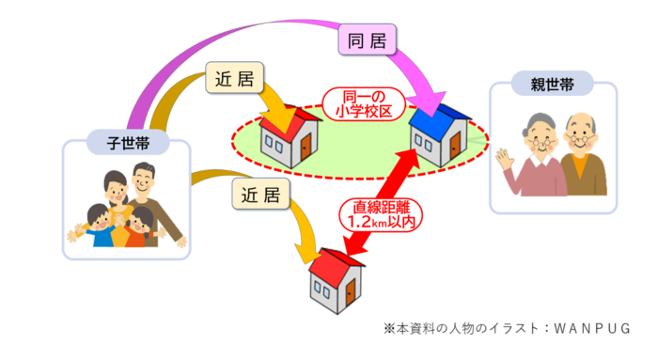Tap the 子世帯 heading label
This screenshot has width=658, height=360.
click(x=126, y=143)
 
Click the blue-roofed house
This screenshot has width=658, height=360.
click(x=439, y=137)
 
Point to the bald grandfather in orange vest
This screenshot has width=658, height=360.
click(x=583, y=155)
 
